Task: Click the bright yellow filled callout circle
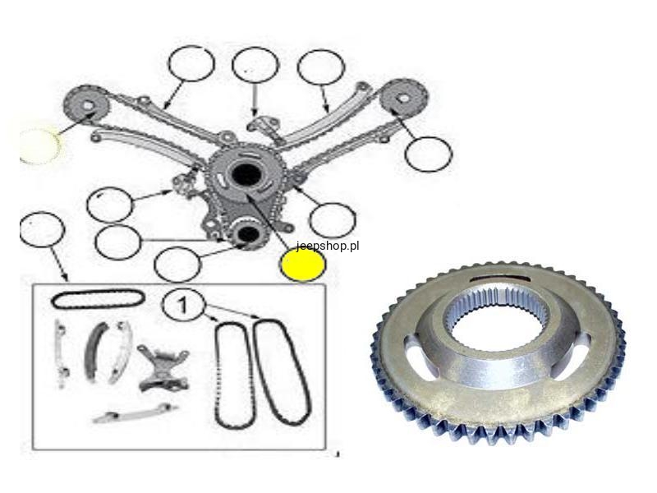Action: [x=303, y=265]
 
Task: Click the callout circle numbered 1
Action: [x=183, y=305]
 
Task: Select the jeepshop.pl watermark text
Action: [x=328, y=246]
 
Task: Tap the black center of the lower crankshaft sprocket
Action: [x=248, y=234]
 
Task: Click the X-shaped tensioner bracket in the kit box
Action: [x=163, y=368]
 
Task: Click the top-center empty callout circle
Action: [x=255, y=65]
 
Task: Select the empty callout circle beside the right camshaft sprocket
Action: [x=429, y=154]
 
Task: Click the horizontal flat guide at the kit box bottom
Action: [x=135, y=413]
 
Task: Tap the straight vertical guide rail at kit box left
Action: [x=61, y=354]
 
